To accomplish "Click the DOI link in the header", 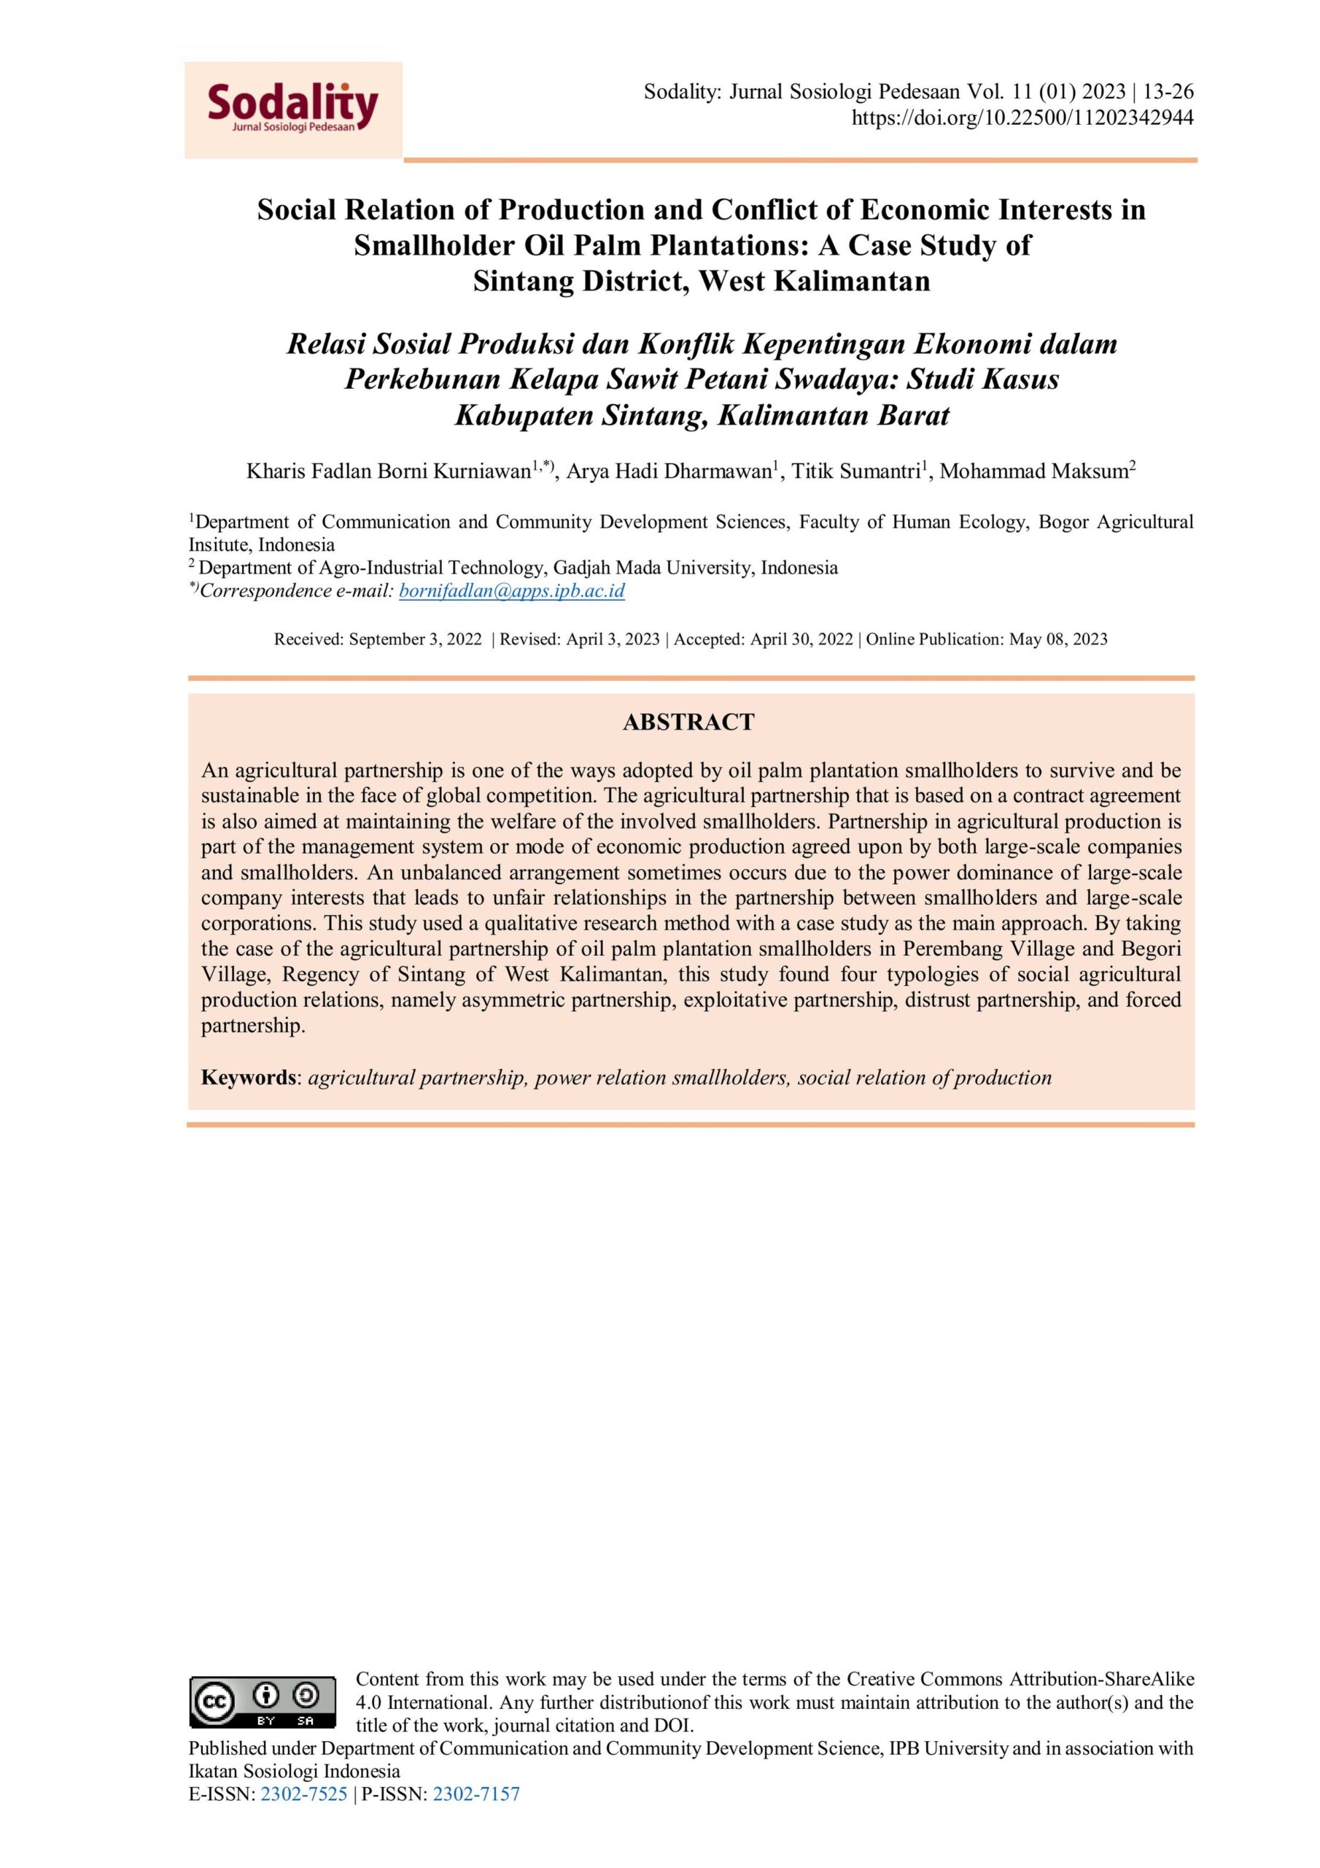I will coord(1022,118).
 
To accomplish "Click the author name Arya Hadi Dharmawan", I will coord(669,471).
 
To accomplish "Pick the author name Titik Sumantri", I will coord(855,471).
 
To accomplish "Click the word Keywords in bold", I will coord(248,1077).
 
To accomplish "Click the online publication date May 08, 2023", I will coord(1058,638).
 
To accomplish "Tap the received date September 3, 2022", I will coord(415,638).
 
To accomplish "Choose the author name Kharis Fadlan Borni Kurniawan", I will coord(389,471).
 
